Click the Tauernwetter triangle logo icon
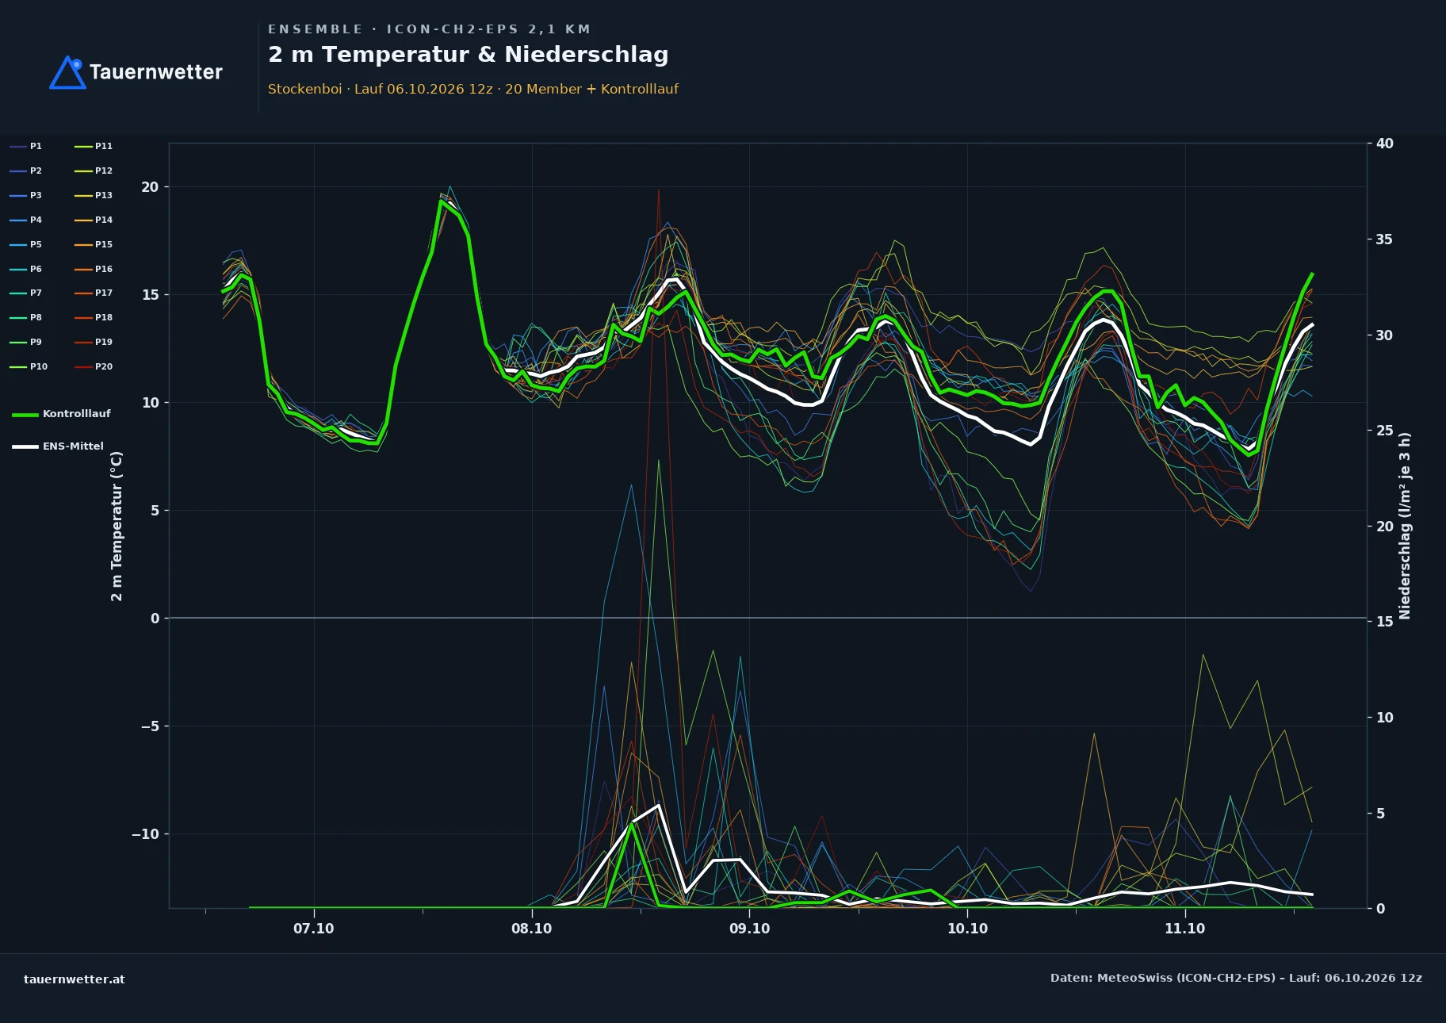click(x=68, y=72)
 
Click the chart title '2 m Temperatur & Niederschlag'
click(x=469, y=55)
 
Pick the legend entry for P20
click(x=94, y=366)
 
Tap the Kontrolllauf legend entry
click(x=61, y=414)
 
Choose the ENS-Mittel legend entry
click(x=58, y=446)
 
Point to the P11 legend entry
click(x=94, y=146)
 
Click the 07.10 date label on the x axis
click(x=314, y=929)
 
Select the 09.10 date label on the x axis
click(x=749, y=929)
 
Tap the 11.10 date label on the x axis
click(x=1184, y=929)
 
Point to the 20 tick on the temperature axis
click(x=150, y=187)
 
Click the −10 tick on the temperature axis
click(x=145, y=834)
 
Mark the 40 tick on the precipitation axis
click(x=1385, y=144)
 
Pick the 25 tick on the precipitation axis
click(x=1385, y=431)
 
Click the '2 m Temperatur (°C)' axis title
click(x=117, y=526)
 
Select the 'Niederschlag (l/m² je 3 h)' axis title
click(x=1405, y=526)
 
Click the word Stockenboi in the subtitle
click(x=305, y=89)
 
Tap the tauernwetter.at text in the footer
click(x=75, y=979)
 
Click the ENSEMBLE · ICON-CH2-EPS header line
click(x=429, y=29)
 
